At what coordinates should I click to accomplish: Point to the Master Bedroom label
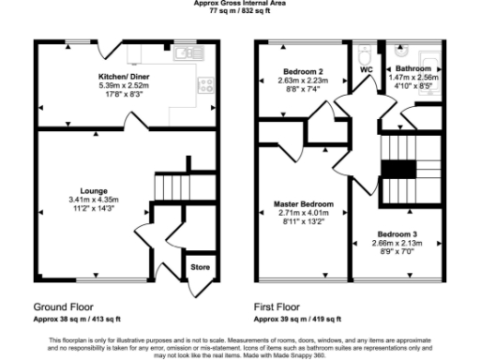(303, 203)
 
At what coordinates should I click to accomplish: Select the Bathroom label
(412, 69)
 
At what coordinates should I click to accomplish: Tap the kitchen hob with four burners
(203, 86)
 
